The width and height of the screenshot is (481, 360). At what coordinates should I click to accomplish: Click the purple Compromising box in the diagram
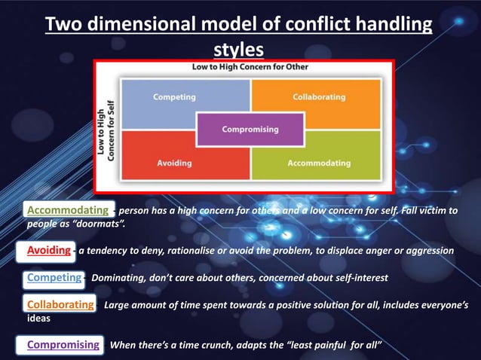click(x=250, y=130)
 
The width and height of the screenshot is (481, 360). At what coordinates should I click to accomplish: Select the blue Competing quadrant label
click(x=174, y=97)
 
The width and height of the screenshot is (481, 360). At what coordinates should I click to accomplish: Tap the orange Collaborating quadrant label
click(x=319, y=97)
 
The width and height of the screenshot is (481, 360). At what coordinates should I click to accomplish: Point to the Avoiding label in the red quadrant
click(x=174, y=163)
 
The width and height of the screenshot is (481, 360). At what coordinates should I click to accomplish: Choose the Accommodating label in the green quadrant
click(x=319, y=163)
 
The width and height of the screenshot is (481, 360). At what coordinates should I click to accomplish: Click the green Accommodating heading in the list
click(x=67, y=209)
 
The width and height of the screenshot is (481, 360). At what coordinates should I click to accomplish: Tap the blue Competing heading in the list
click(x=54, y=277)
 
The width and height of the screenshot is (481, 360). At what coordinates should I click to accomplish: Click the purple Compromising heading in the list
click(x=63, y=345)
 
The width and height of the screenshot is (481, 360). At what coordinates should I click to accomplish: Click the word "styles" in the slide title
click(x=239, y=50)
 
